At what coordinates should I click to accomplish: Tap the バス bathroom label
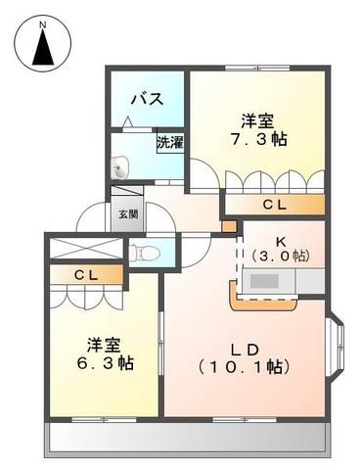coord(148,99)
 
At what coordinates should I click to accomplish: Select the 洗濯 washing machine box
coord(170,142)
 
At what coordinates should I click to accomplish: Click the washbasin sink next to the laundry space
coord(119,167)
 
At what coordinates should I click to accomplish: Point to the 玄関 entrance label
coord(128,214)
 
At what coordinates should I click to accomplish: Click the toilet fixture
coord(144,253)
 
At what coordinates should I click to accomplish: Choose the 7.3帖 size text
coord(258,140)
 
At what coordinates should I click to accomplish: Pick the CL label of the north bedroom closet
coord(275,205)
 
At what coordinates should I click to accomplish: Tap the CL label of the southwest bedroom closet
coord(86,275)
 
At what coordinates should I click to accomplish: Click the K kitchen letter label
coord(281,242)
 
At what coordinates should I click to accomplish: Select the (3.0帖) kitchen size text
coord(281,256)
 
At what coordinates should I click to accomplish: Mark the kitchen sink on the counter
coord(264,281)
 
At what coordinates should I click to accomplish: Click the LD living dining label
coord(245,350)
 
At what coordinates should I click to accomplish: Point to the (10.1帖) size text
coord(245,367)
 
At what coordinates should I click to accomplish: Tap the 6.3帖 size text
coord(105,363)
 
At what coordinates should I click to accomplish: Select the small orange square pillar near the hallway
coord(229,226)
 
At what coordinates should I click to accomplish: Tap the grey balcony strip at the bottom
coord(188,438)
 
